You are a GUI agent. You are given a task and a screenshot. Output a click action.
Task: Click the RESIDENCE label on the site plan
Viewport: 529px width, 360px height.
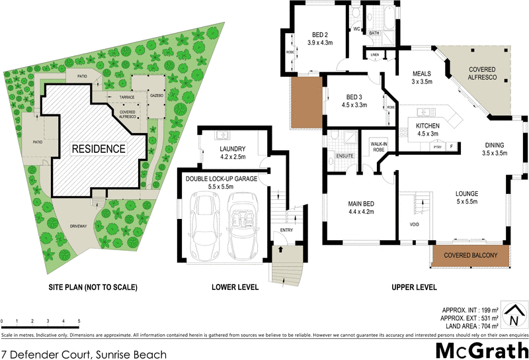[x=98, y=149]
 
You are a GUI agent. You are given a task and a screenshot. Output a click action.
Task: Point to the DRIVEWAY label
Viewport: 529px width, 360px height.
[x=77, y=226]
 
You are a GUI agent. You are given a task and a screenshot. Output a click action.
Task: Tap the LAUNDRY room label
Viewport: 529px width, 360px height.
[x=232, y=149]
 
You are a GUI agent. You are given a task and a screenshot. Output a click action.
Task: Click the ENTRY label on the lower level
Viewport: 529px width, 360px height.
[x=286, y=230]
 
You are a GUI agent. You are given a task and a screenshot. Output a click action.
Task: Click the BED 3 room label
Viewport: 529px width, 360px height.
[x=354, y=97]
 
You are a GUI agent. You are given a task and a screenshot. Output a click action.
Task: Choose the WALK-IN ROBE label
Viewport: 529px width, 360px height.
[x=378, y=146]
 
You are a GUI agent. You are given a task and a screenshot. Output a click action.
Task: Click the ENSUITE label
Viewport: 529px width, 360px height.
[x=345, y=156]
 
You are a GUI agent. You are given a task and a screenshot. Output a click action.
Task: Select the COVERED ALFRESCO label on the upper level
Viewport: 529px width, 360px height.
[x=487, y=73]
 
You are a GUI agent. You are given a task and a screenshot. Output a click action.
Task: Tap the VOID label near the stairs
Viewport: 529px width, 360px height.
[x=415, y=224]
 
